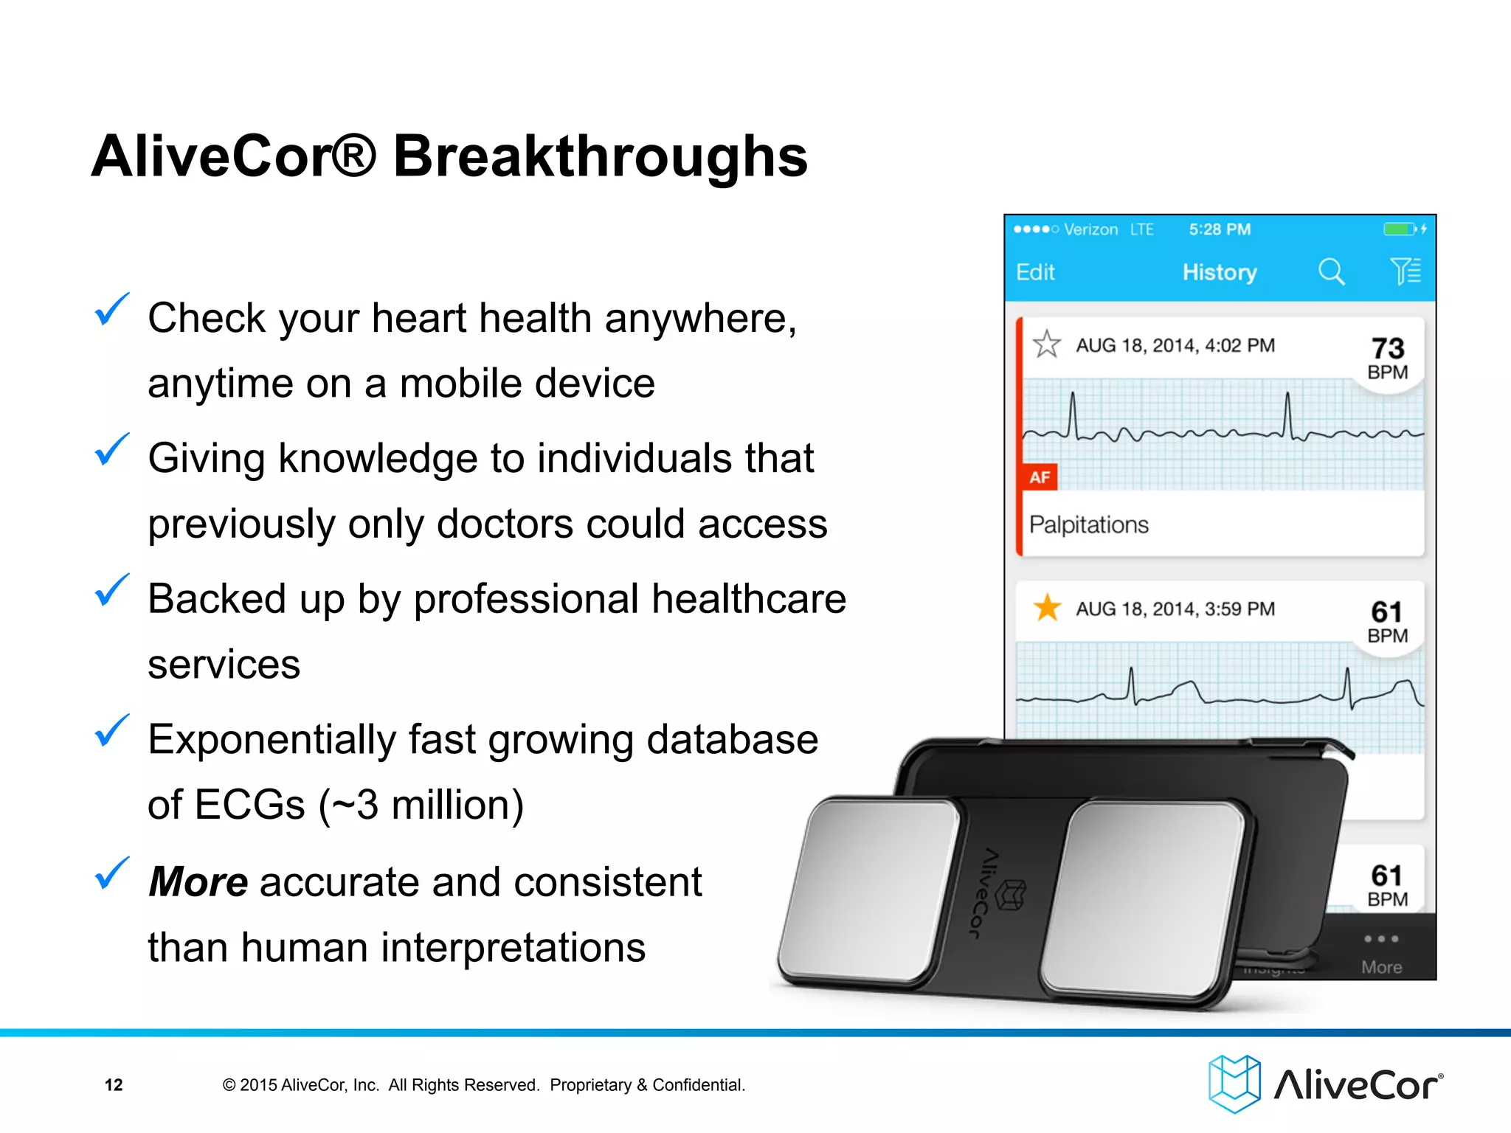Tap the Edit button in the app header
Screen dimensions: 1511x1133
(x=1035, y=272)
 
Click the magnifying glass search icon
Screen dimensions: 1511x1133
(x=1331, y=271)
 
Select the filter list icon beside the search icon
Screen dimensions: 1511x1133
(x=1405, y=271)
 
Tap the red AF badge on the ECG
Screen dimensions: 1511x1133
(x=1040, y=477)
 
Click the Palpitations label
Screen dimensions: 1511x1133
(x=1088, y=524)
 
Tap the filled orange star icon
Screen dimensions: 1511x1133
(x=1047, y=609)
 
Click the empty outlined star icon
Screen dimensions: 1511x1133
(x=1046, y=344)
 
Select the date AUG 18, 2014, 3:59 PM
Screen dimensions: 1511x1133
(x=1175, y=609)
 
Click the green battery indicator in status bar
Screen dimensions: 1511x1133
(x=1399, y=229)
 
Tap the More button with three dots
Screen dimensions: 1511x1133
(x=1381, y=952)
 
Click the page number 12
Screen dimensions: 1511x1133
(x=114, y=1085)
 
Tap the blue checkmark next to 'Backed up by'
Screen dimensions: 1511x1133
(x=111, y=591)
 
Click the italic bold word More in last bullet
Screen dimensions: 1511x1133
(x=198, y=882)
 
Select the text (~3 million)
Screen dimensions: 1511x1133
(x=421, y=805)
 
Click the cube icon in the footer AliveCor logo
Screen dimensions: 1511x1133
(x=1234, y=1084)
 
